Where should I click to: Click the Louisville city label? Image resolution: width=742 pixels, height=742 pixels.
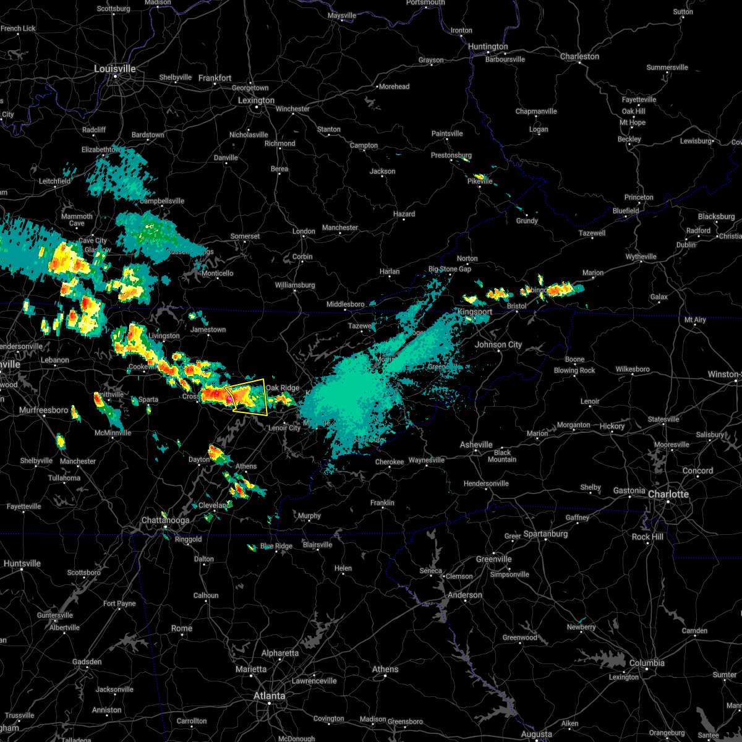[114, 69]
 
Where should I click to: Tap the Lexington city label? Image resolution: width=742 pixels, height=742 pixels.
[256, 100]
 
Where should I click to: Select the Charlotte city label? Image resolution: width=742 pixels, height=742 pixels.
[668, 494]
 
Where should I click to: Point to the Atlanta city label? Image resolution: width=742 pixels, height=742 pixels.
[270, 696]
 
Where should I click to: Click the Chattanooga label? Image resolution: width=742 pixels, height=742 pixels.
[165, 520]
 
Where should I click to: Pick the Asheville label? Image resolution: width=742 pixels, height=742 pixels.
[476, 445]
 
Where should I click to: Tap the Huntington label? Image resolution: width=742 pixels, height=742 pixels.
[488, 46]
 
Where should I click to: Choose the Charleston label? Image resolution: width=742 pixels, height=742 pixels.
[579, 56]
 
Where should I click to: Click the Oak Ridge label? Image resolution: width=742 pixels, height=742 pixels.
[283, 388]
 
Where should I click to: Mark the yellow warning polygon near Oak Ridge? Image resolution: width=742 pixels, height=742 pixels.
[247, 396]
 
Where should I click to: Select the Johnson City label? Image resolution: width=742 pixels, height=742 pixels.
[498, 344]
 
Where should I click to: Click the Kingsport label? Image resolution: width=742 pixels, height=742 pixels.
[475, 312]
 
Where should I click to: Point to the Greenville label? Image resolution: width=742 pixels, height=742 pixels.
[494, 559]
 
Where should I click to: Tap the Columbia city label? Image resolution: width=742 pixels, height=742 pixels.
[647, 663]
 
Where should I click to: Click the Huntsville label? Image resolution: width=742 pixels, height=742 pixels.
[22, 563]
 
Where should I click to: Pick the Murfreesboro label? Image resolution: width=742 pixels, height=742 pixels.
[43, 410]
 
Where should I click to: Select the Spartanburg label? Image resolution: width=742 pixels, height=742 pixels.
[545, 534]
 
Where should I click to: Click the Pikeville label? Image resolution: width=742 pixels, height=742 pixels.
[480, 181]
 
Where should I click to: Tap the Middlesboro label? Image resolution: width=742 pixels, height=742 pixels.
[346, 304]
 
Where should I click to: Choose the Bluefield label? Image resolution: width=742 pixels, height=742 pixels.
[626, 211]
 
